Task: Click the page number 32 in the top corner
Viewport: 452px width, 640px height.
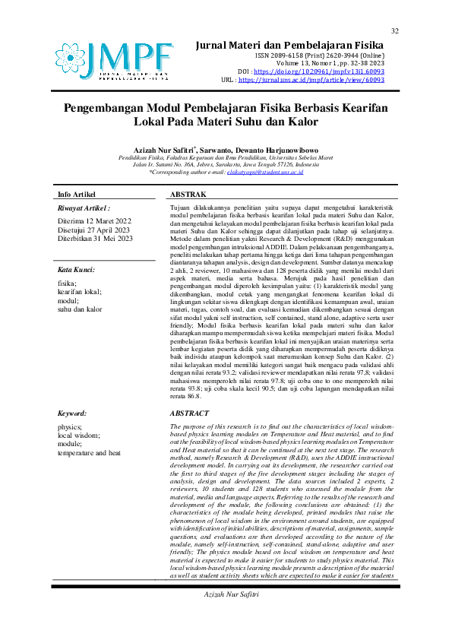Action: tap(395, 30)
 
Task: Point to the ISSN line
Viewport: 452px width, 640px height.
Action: tap(319, 55)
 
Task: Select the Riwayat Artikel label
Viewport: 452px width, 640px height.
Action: tap(84, 208)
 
